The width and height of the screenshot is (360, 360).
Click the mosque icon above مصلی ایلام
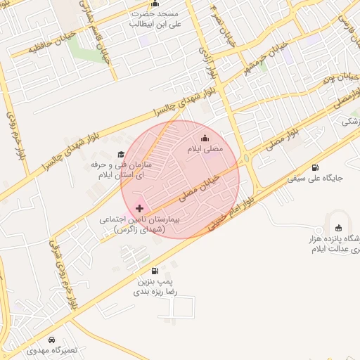point(205,138)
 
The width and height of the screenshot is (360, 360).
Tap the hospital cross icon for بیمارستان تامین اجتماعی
point(139,208)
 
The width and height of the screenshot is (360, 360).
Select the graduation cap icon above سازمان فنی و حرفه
point(120,154)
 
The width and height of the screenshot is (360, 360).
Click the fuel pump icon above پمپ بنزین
point(154,271)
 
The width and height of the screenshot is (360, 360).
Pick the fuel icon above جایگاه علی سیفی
point(314,167)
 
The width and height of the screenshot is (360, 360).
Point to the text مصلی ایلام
point(205,149)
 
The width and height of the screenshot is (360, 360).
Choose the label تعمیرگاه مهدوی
point(49,349)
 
